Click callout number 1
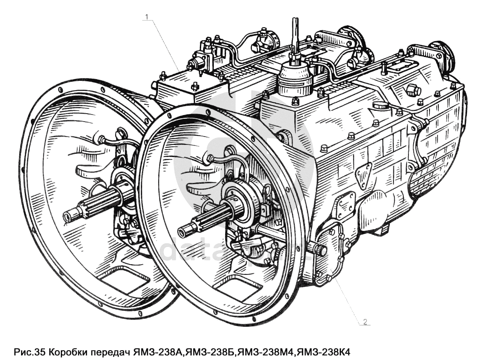(x=147, y=17)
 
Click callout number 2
(x=365, y=322)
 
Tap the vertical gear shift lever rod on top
(x=295, y=35)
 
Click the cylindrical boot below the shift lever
(x=295, y=79)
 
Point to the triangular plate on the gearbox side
(x=363, y=175)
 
